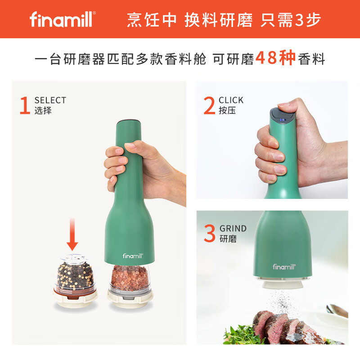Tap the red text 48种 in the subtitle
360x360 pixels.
275,58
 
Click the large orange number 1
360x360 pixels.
25,105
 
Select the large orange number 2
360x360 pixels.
209,105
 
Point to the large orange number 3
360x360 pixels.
209,233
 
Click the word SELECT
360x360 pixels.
50,100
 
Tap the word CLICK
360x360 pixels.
231,100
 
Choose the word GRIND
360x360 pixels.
233,228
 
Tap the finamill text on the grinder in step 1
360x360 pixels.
132,256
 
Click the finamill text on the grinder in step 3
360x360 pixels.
284,267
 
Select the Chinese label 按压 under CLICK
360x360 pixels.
227,110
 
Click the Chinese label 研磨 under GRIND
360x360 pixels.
228,238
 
